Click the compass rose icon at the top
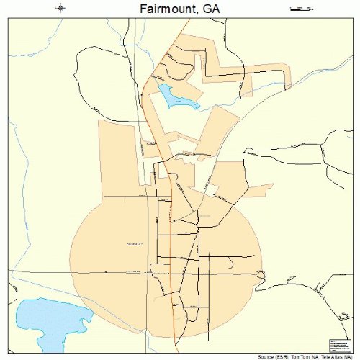tap(60, 8)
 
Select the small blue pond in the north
tap(176, 96)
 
